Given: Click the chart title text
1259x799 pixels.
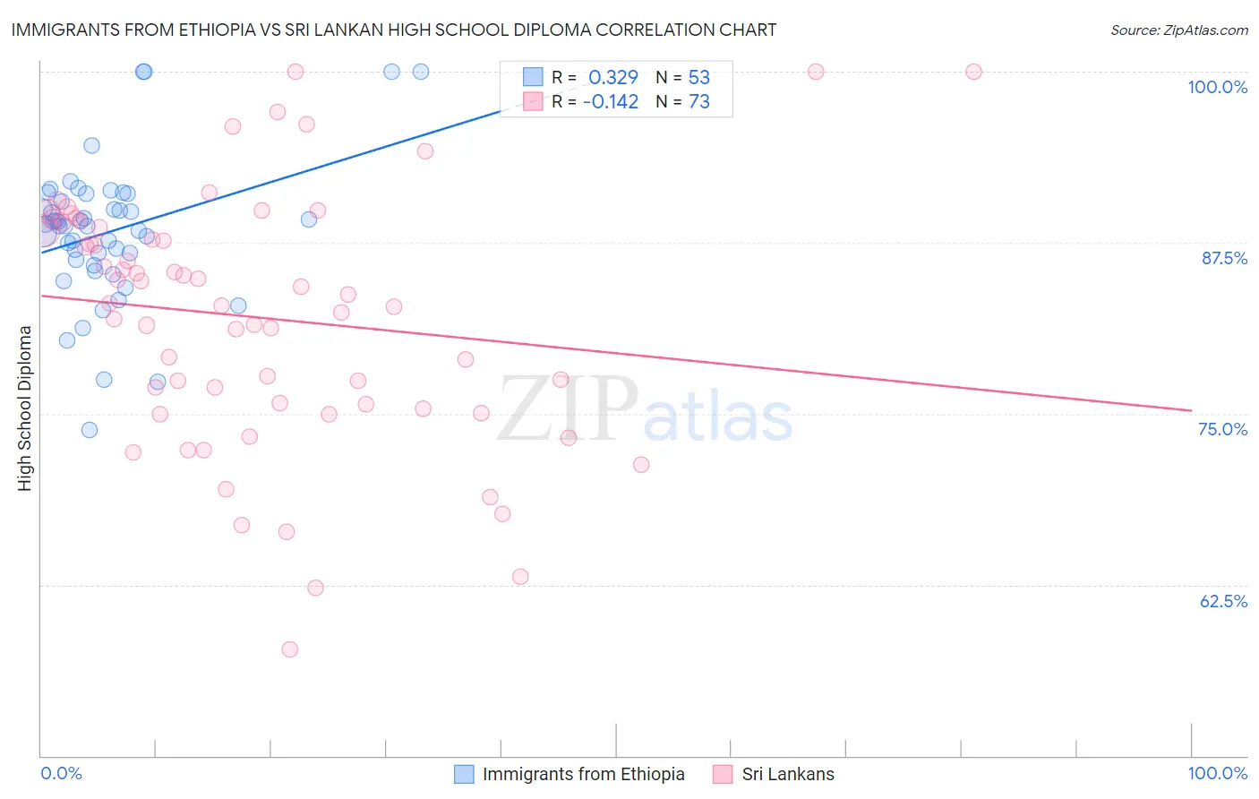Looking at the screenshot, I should (x=394, y=30).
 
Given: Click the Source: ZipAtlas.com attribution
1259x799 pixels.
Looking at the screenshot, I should (x=1178, y=30).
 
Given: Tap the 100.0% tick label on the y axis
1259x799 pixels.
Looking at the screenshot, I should (x=1217, y=87).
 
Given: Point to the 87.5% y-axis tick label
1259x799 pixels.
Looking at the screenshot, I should (x=1224, y=258).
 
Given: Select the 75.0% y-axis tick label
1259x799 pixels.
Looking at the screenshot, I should (x=1222, y=429).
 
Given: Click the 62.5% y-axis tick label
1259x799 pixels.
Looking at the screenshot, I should (x=1223, y=601).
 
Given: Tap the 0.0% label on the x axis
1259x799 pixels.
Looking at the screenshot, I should (x=61, y=773).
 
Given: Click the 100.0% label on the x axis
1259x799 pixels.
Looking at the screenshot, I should (x=1217, y=773).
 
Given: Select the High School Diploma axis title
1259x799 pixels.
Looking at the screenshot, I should (x=25, y=408).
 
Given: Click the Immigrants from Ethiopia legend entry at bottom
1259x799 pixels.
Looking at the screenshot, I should (x=583, y=774).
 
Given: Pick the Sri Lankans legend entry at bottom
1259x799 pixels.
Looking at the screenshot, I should (x=787, y=774).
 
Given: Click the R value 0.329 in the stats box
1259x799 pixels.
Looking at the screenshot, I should (x=613, y=78).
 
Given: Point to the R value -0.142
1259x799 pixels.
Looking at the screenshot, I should (x=611, y=102).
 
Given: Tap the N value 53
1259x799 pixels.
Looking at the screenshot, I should (x=699, y=78).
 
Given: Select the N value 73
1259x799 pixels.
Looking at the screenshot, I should (x=699, y=102).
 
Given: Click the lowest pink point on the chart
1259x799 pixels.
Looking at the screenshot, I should (x=289, y=649).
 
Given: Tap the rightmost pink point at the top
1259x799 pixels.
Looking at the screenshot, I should (x=973, y=72).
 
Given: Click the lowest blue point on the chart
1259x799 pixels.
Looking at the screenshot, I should (x=90, y=430).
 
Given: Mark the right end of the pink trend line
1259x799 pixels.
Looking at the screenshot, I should (x=1191, y=410).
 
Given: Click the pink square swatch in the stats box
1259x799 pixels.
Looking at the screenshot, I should (x=533, y=101).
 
